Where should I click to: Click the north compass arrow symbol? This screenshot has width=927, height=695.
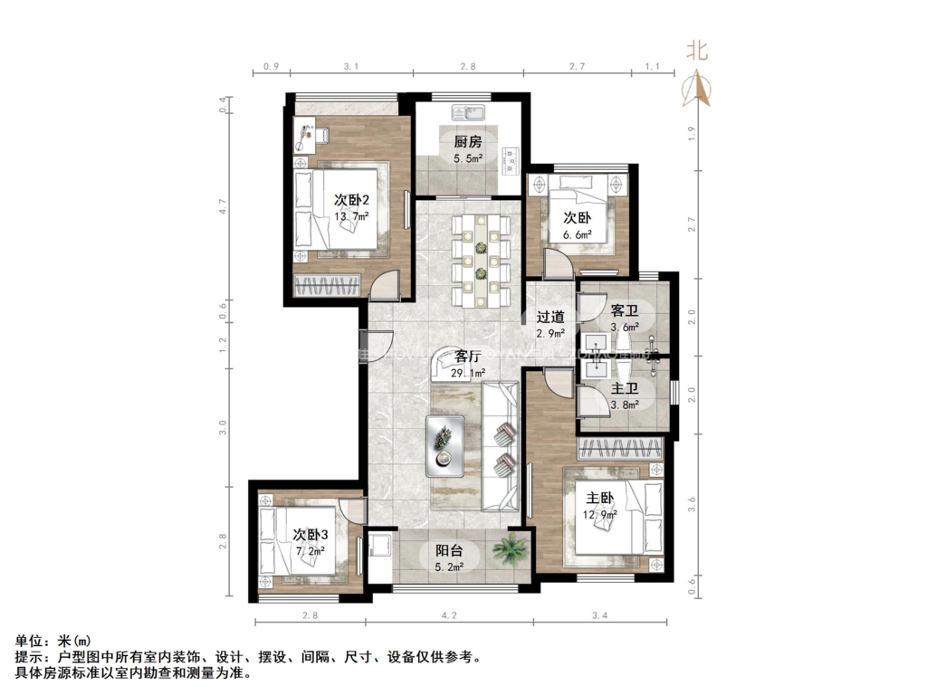point(697,88)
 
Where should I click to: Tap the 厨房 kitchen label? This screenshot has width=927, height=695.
point(468,141)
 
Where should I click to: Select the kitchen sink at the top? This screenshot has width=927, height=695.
point(469,113)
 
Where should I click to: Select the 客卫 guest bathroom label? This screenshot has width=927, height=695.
point(625,310)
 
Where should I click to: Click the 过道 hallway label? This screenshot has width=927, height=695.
point(550,317)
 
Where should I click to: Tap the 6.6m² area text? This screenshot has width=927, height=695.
point(578,234)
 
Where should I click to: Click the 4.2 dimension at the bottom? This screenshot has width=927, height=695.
point(449,615)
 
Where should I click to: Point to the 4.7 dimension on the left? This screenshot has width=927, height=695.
point(224,205)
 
